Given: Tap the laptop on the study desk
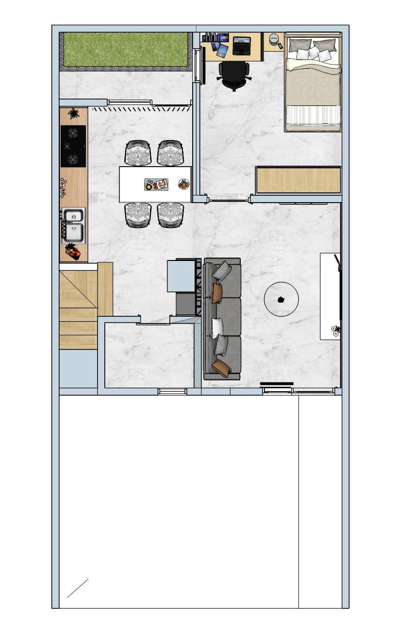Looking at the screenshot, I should (242, 45).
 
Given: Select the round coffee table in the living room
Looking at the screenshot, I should (281, 299).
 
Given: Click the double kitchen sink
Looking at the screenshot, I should (73, 225).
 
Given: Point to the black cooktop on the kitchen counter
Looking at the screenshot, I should (73, 146).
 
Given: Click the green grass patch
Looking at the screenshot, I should (126, 49).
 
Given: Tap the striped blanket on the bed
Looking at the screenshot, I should (313, 115).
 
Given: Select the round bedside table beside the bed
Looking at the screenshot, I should (275, 39).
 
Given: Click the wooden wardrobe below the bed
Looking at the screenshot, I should (298, 180).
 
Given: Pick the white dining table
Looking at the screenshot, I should (155, 184).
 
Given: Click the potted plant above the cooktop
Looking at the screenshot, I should (74, 114).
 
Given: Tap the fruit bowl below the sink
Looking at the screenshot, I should (73, 252).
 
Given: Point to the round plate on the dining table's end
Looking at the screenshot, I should (184, 184).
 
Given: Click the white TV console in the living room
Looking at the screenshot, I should (330, 296).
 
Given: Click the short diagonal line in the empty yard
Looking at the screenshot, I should (78, 588).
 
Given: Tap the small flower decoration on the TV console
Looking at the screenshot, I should (335, 331).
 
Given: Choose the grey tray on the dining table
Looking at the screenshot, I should (156, 185).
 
